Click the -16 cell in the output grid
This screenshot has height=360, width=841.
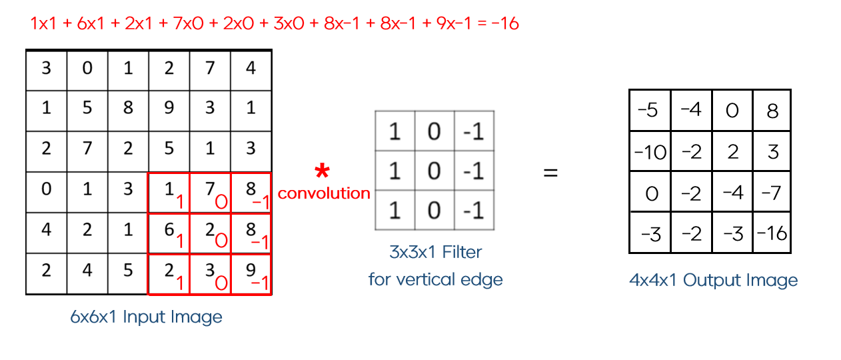[x=772, y=233]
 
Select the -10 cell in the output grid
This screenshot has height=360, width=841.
[x=650, y=152]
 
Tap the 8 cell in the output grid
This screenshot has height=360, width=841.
[x=772, y=111]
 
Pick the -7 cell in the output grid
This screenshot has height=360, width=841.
[x=772, y=193]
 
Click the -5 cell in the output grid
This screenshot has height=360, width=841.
[x=650, y=111]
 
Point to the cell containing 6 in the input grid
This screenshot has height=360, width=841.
[x=169, y=233]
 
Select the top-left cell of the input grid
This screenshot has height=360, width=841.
[x=46, y=68]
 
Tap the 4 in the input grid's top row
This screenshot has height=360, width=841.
[x=251, y=68]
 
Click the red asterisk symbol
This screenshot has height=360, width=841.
[x=323, y=172]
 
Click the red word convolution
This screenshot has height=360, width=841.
[x=324, y=193]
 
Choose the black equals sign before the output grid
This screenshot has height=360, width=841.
[x=550, y=173]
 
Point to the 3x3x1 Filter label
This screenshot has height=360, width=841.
[x=435, y=253]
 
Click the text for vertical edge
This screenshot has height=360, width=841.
[x=435, y=279]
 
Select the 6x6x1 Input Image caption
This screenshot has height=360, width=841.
[x=146, y=317]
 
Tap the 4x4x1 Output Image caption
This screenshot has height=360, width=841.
[x=713, y=280]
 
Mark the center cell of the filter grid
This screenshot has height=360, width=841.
[x=434, y=171]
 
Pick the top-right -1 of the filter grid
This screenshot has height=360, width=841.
[x=474, y=131]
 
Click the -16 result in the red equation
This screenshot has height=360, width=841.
[x=504, y=23]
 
